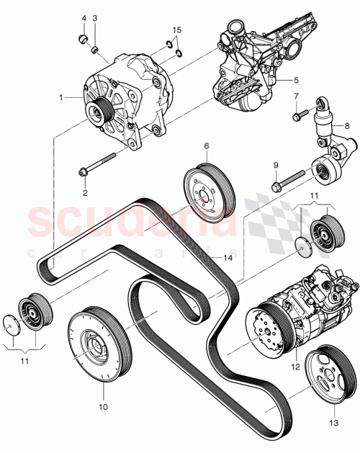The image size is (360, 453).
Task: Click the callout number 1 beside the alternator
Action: tap(62, 96)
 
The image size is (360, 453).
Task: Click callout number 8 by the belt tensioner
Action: tap(347, 125)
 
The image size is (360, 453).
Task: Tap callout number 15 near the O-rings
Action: tap(178, 30)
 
